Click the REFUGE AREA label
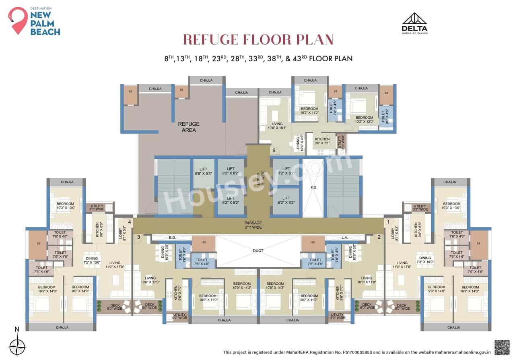tap(189, 127)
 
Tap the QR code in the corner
tap(502, 347)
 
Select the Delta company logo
tap(414, 23)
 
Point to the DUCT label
tap(258, 251)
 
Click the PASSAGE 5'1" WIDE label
tap(253, 225)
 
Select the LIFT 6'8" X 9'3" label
tap(204, 172)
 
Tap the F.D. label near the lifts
tap(314, 188)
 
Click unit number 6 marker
tap(274, 151)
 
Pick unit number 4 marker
tap(130, 222)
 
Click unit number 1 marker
tap(388, 222)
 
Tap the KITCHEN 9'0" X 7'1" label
tap(322, 141)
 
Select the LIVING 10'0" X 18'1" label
tap(277, 126)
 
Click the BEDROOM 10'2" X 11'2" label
tap(309, 111)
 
